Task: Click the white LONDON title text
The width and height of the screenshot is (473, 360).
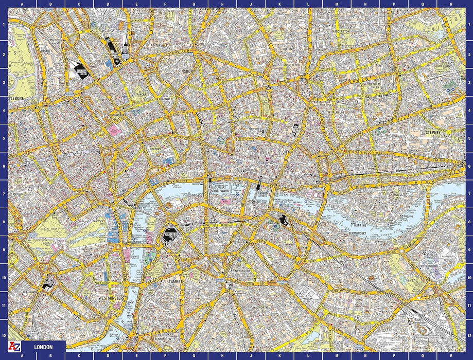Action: pos(43,347)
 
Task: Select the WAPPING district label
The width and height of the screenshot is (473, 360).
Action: pos(360,224)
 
